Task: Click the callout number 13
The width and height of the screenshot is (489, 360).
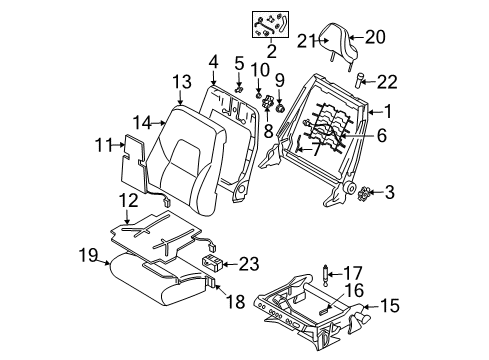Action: coord(180,81)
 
